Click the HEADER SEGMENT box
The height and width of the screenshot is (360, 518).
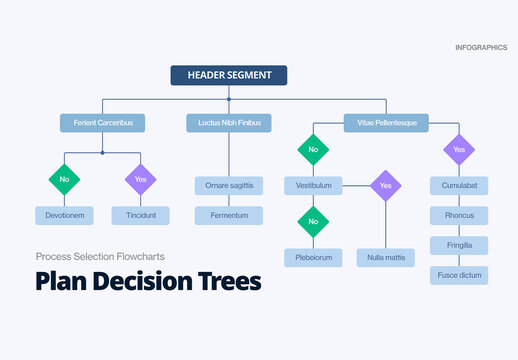coord(228,75)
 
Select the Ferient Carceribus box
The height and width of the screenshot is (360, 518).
coord(102,123)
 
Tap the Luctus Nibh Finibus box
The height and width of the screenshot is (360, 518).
coord(228,123)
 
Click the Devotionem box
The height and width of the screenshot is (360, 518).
coord(64,215)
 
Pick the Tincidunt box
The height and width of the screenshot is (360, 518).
coord(141,215)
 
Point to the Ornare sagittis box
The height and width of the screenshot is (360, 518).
coord(228,185)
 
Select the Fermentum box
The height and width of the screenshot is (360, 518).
coord(228,215)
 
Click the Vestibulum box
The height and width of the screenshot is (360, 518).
coord(313,186)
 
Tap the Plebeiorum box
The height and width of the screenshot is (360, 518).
coord(313,257)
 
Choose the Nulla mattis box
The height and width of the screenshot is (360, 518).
coord(386,257)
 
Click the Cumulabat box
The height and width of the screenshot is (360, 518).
coord(459,186)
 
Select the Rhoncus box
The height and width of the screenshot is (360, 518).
coord(459,215)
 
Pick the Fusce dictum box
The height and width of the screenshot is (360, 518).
coord(459,275)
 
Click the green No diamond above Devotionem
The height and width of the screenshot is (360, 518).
coord(64,180)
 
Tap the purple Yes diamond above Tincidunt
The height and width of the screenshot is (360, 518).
coord(141,180)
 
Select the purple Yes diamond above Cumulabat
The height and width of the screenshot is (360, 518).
coord(459,149)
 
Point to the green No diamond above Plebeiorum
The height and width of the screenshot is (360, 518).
coord(313,221)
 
